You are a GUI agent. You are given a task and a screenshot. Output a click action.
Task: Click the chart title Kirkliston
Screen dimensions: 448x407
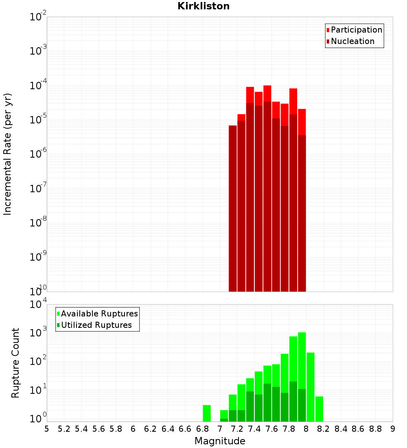click(x=203, y=6)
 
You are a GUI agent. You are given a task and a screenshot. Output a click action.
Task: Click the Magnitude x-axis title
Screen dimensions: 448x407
click(x=220, y=441)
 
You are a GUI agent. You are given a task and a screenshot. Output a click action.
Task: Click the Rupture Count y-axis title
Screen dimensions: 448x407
click(x=15, y=363)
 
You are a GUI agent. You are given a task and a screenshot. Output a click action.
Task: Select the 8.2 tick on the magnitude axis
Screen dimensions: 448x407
click(x=324, y=429)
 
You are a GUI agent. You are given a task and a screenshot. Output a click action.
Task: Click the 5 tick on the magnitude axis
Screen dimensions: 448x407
click(x=47, y=429)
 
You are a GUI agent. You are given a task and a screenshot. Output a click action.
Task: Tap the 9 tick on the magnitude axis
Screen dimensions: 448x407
click(x=393, y=429)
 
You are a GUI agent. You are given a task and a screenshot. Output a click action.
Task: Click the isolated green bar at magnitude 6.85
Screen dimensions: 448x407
click(x=207, y=413)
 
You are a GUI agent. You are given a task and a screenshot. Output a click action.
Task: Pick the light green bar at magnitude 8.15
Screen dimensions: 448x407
click(x=319, y=409)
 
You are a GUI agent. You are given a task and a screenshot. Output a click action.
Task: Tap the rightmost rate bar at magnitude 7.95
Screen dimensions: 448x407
click(x=302, y=204)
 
